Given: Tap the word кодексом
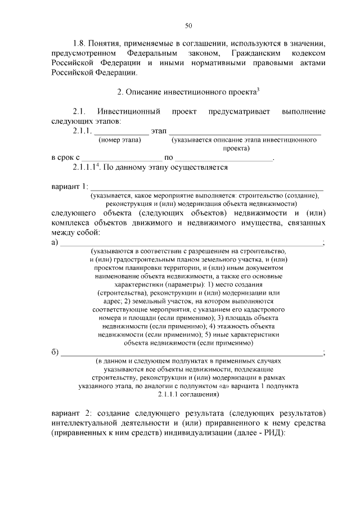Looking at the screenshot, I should point(306,53).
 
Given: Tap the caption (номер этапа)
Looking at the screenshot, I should point(119,139).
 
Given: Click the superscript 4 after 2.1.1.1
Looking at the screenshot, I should point(98,165).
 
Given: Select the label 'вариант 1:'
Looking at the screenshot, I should point(69,187).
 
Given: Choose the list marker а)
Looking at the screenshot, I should point(55,242).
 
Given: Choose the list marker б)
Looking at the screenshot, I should point(55,353).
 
